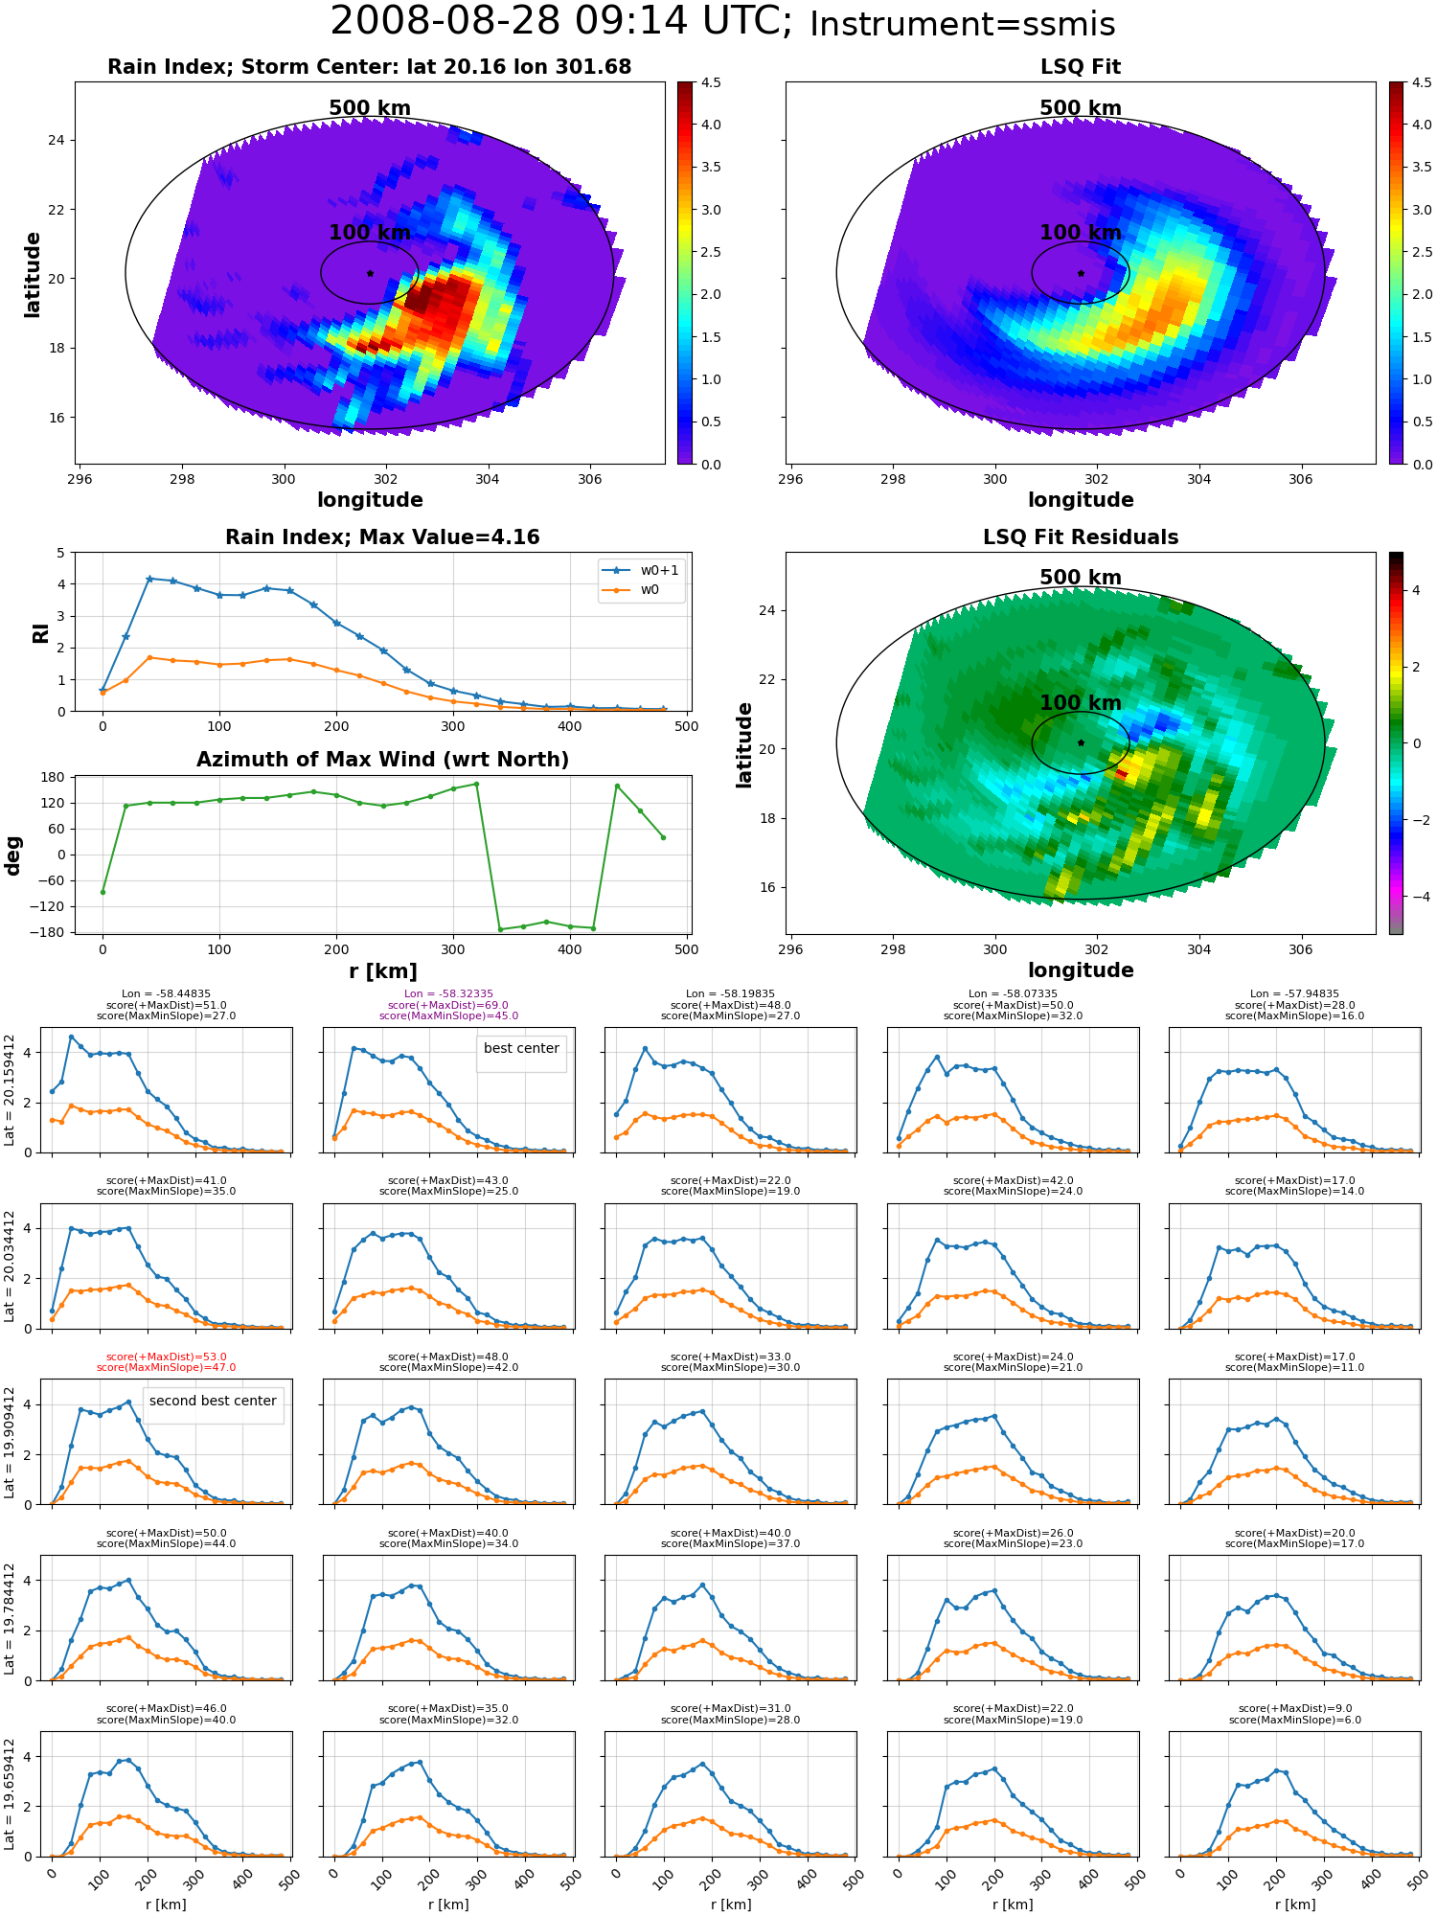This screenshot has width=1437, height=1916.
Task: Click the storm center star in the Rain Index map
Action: [370, 273]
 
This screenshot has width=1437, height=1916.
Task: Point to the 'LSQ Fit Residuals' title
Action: [1081, 537]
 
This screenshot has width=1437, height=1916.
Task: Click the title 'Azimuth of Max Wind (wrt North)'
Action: [382, 760]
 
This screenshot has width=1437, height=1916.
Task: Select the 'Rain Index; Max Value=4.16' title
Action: [382, 537]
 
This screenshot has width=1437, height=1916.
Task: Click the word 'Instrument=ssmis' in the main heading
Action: [963, 24]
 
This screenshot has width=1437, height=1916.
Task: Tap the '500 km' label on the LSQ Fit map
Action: [1081, 108]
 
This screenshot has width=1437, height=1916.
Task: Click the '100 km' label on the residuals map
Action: [1081, 703]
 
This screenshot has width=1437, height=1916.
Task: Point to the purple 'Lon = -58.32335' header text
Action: [448, 994]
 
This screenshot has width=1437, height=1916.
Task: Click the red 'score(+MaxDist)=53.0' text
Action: [167, 1357]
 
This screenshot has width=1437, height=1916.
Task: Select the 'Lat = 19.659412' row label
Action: [10, 1792]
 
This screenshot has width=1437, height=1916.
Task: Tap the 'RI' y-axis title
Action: [40, 633]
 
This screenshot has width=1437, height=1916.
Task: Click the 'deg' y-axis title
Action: [12, 855]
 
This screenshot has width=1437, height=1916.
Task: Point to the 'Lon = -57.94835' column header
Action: [1295, 994]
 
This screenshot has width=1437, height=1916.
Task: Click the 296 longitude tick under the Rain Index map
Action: [80, 479]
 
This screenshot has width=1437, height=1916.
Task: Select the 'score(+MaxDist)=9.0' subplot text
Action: [1295, 1709]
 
